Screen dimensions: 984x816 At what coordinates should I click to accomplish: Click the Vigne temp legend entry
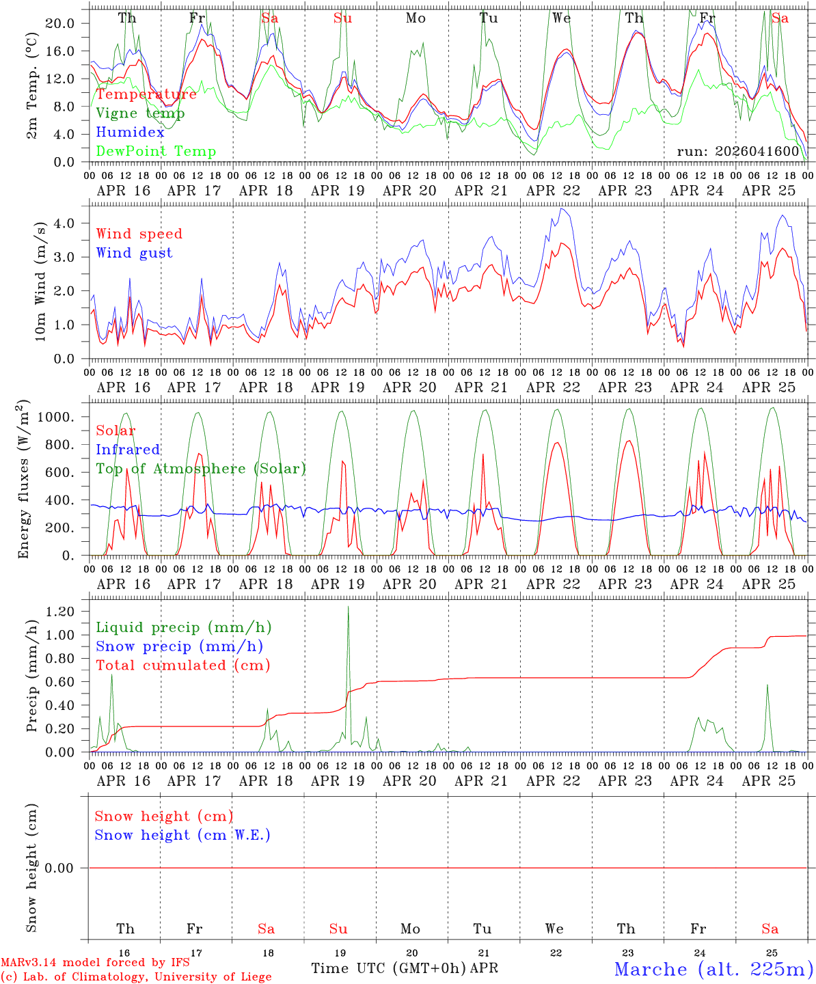click(140, 113)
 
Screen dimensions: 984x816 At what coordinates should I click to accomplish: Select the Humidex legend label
click(130, 133)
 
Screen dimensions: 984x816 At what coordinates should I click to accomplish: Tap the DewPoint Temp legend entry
click(156, 152)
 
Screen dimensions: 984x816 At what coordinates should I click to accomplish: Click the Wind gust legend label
click(134, 253)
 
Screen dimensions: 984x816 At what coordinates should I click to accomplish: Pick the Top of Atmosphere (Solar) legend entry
click(201, 469)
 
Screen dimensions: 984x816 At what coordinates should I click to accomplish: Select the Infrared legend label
click(128, 450)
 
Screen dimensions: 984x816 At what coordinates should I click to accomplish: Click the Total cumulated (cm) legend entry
click(182, 665)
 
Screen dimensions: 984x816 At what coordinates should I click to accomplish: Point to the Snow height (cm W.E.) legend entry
click(182, 835)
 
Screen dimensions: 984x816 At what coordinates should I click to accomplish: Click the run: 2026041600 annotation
click(737, 151)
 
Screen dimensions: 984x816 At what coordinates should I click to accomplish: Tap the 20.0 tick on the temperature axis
click(61, 23)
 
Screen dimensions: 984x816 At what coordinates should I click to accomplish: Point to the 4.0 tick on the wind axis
click(64, 223)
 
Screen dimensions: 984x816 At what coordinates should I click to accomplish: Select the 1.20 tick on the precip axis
click(60, 612)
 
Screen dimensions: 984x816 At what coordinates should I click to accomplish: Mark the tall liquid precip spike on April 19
click(348, 607)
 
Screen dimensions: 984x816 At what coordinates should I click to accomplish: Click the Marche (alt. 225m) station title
click(713, 969)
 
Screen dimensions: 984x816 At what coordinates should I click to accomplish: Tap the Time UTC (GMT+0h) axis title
click(389, 968)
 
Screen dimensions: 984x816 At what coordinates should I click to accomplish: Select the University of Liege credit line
click(136, 977)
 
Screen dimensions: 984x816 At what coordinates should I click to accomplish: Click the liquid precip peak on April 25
click(767, 685)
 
